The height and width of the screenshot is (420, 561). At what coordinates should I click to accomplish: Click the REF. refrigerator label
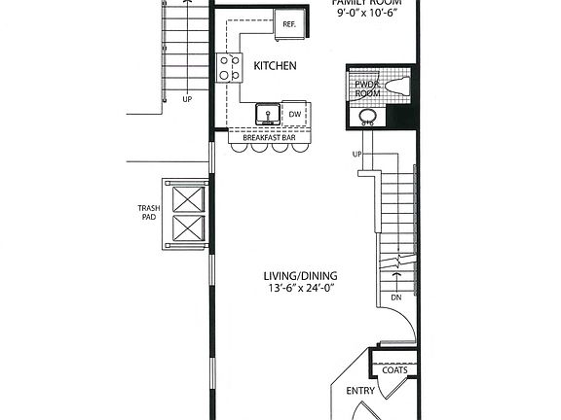coord(288,24)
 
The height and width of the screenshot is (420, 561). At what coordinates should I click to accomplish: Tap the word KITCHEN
coord(276,66)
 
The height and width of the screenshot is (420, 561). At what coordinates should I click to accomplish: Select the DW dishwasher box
coord(295,115)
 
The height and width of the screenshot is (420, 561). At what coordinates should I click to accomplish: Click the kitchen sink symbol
coord(264,116)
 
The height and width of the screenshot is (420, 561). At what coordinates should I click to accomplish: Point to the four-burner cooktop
coord(230,67)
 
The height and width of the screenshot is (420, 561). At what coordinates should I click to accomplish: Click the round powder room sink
coord(368,119)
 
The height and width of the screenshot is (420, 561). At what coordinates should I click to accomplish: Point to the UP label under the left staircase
coord(186,98)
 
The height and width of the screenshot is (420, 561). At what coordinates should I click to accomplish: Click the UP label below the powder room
coord(357,155)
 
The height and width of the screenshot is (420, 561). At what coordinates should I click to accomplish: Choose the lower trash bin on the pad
coord(185,230)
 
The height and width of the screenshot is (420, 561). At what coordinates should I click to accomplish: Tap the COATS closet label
coord(394,369)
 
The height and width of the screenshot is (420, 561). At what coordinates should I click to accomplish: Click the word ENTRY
coord(361,391)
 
